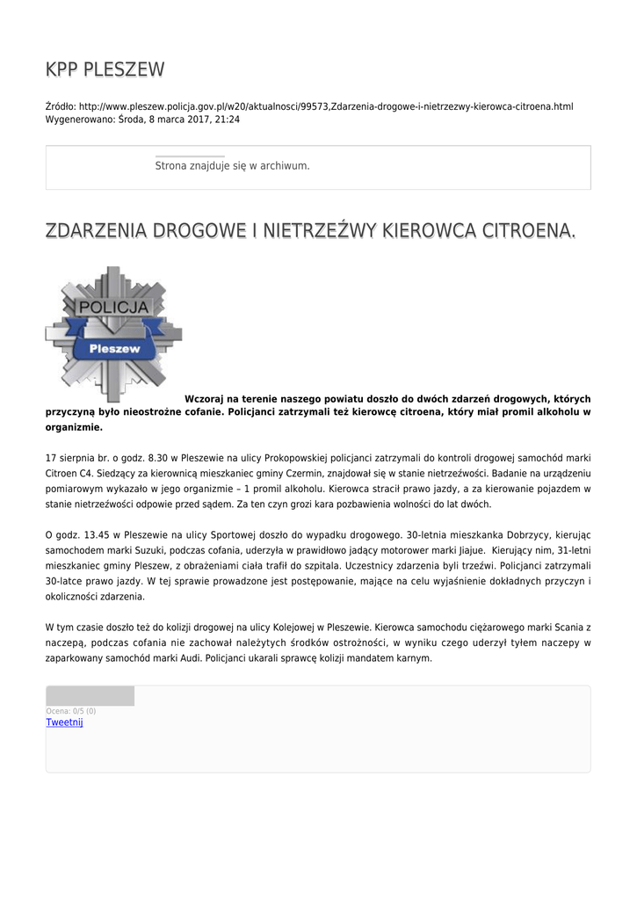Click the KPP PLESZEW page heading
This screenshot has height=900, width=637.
pos(105,69)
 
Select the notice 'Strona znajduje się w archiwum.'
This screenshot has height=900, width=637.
pos(232,165)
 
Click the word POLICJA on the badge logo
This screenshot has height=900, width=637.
pos(114,308)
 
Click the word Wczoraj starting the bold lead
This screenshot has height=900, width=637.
pos(206,398)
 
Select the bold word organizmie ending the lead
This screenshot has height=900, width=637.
pos(74,428)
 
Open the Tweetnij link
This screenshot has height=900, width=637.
pos(64,722)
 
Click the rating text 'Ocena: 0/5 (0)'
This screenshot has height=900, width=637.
pos(71,711)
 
